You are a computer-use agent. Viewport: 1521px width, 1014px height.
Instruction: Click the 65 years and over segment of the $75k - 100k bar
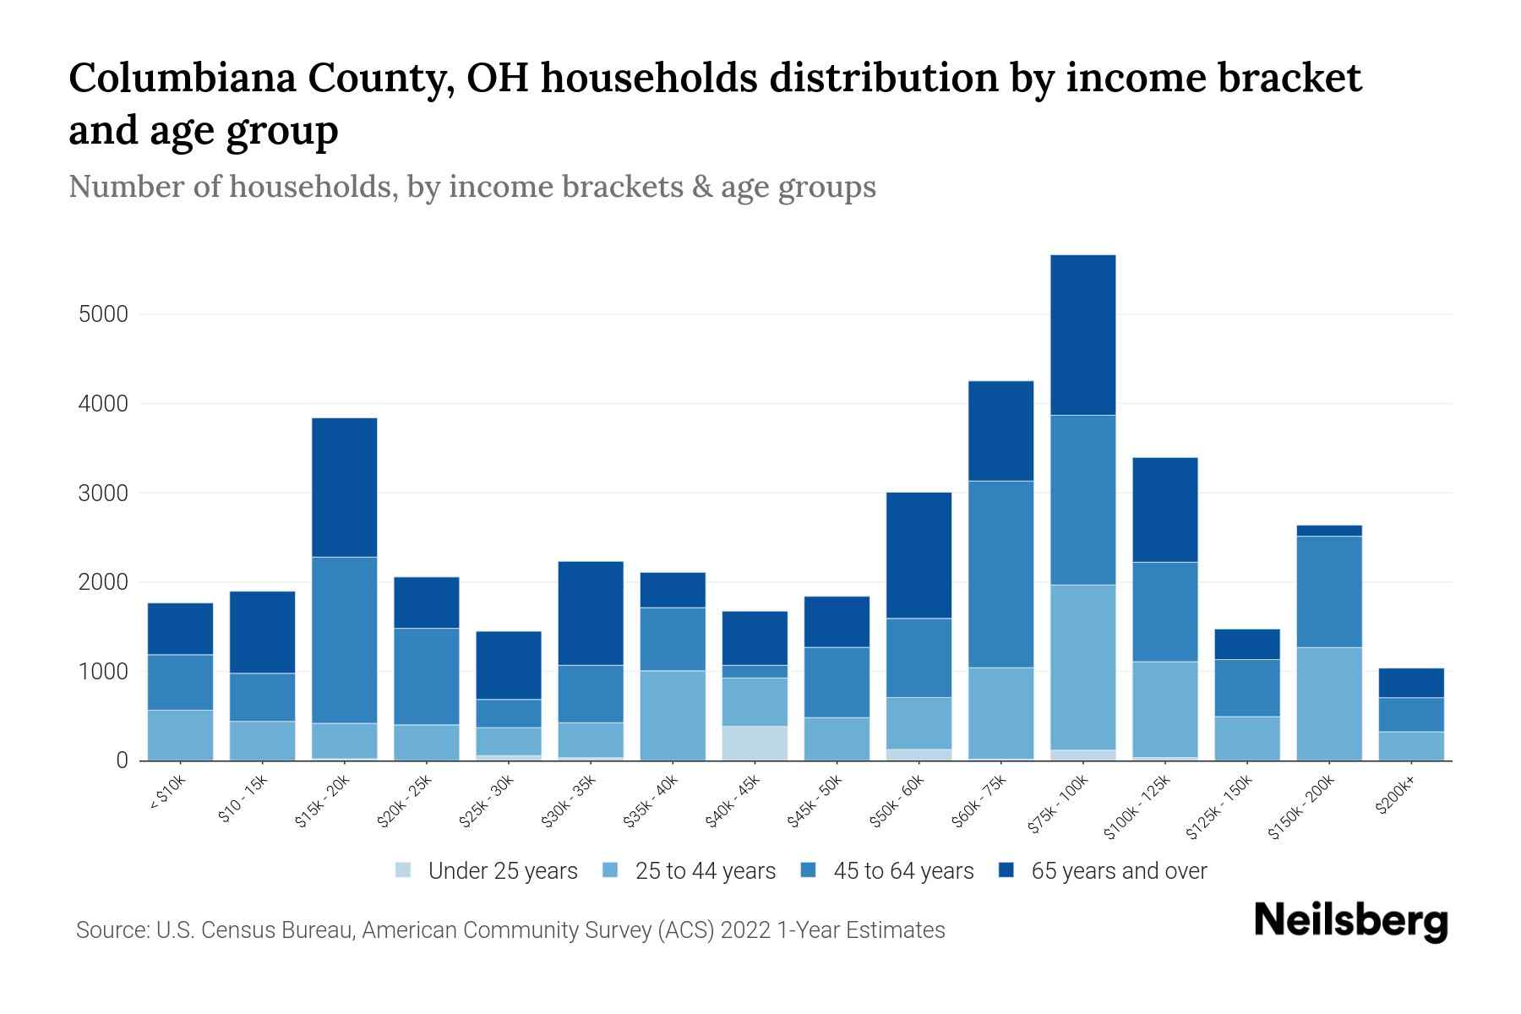pos(1082,335)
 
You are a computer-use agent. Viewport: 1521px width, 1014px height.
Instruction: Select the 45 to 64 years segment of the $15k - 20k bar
pos(345,640)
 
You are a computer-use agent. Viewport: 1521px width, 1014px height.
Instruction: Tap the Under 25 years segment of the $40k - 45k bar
pos(755,743)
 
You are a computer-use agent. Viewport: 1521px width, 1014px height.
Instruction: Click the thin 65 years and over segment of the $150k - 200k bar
pos(1329,531)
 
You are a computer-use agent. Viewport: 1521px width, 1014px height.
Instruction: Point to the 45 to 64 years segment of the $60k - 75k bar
pos(1000,574)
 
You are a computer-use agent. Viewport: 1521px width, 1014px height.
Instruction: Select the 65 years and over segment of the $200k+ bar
pos(1411,683)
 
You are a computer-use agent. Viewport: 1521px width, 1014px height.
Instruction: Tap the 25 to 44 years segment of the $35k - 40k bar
pos(673,715)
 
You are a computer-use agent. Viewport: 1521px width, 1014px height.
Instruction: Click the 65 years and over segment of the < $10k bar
pos(180,629)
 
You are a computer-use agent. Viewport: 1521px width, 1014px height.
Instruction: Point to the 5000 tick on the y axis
pos(103,314)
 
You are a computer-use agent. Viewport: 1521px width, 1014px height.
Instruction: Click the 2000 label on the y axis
pos(103,582)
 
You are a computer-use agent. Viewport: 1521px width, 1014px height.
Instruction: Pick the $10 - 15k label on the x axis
pos(243,799)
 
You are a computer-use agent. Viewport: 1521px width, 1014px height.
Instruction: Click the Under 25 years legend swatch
pos(404,870)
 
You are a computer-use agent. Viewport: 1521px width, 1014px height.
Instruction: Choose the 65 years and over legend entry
pos(1118,870)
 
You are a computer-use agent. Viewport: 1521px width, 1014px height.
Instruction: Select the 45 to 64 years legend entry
pos(902,870)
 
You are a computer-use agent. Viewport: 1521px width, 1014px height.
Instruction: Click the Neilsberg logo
pos(1350,920)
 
